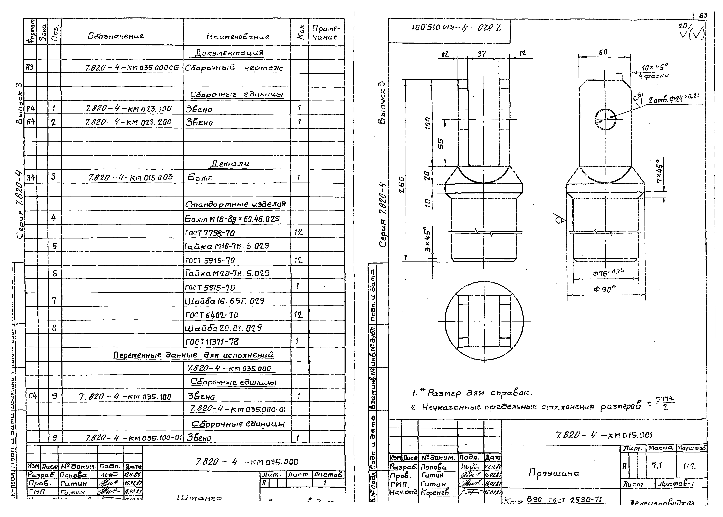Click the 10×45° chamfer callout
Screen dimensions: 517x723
[x=655, y=67]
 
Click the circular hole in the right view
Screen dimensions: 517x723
[x=605, y=119]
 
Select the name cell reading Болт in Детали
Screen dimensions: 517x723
[x=200, y=177]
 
